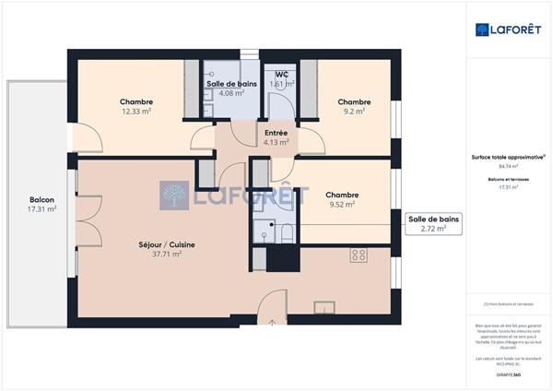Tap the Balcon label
(x=41, y=199)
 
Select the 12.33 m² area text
(x=136, y=112)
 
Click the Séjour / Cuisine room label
(x=166, y=244)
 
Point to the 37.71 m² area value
(x=166, y=255)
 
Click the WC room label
(x=280, y=75)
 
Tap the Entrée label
(x=276, y=133)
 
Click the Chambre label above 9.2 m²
(x=354, y=101)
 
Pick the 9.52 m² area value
(x=342, y=205)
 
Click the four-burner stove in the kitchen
(x=359, y=255)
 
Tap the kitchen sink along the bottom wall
(x=324, y=308)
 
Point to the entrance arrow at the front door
(x=274, y=322)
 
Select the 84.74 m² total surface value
(x=509, y=166)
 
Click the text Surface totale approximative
(x=509, y=157)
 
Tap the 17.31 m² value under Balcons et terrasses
(x=509, y=187)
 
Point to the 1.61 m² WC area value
(x=280, y=84)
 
